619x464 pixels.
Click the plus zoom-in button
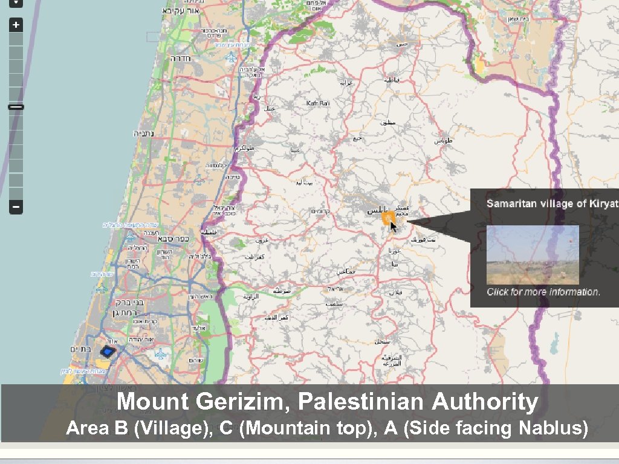coord(16,25)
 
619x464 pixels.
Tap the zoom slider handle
coord(16,107)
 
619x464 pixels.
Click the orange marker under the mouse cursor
coord(387,219)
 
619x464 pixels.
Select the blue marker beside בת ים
coord(108,352)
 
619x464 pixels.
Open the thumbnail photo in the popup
coord(533,254)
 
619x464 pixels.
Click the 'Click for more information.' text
coord(543,292)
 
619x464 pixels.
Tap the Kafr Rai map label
coord(318,103)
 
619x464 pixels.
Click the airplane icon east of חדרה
coord(232,58)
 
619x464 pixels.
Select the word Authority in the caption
coord(485,401)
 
